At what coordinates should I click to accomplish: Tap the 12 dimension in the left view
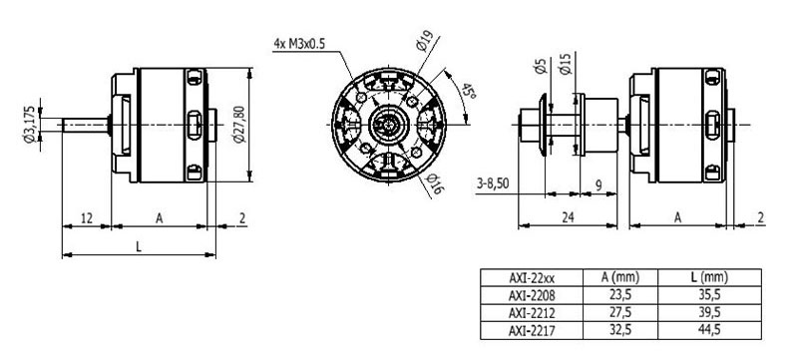coord(87,216)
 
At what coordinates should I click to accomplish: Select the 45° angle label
coord(463,95)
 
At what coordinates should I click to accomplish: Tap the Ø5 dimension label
coord(541,69)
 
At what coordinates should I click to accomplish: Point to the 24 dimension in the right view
coord(567,216)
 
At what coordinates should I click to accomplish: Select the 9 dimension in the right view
coord(597,184)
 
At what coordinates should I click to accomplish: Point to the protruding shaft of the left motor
coord(85,125)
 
